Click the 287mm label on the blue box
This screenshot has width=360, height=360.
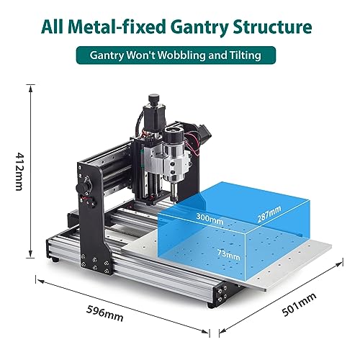click(270, 214)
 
